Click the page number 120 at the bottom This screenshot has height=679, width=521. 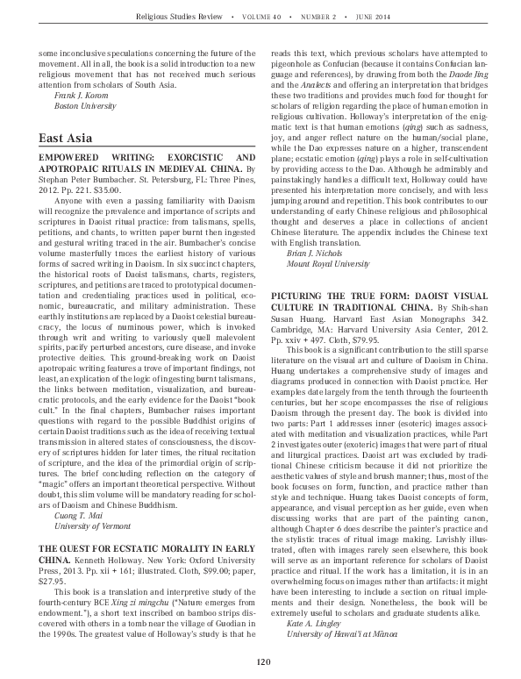(260, 661)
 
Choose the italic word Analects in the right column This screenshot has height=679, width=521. (315, 84)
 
